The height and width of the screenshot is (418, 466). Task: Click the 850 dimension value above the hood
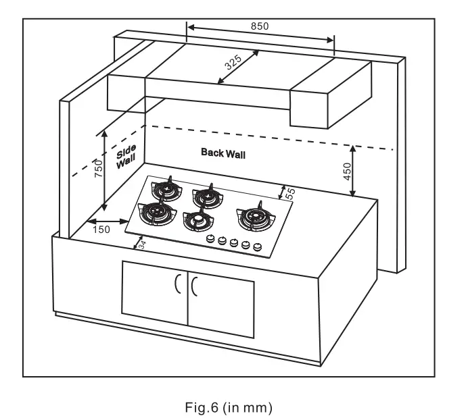point(260,26)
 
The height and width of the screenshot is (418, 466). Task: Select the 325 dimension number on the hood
point(233,63)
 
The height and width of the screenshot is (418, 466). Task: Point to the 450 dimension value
point(346,172)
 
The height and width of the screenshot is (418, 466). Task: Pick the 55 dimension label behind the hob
point(290,192)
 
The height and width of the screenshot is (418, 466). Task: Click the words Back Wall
point(223,153)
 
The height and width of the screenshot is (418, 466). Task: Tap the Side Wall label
point(126,155)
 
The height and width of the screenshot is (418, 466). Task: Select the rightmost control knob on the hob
point(256,246)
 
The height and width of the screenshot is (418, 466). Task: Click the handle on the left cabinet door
point(178,286)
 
